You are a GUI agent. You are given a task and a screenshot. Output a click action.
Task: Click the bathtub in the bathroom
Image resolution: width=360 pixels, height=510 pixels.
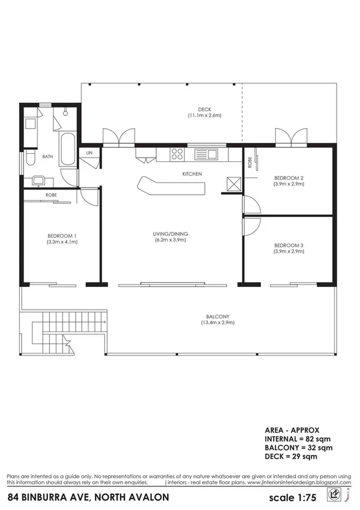pyautogui.click(x=67, y=150)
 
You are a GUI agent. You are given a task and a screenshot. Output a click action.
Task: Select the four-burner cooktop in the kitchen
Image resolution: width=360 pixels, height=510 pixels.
pyautogui.click(x=177, y=153)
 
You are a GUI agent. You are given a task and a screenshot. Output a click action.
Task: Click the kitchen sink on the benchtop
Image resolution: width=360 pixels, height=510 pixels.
pyautogui.click(x=209, y=154)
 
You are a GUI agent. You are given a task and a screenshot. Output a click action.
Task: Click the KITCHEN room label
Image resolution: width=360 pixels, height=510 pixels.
pyautogui.click(x=192, y=174)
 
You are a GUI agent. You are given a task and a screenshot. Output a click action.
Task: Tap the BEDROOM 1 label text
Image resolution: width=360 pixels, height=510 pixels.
pyautogui.click(x=62, y=235)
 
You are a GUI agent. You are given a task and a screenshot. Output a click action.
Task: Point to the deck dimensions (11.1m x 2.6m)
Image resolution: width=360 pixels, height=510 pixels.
pyautogui.click(x=205, y=115)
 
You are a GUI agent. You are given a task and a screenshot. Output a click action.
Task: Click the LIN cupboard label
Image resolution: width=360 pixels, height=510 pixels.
pyautogui.click(x=89, y=153)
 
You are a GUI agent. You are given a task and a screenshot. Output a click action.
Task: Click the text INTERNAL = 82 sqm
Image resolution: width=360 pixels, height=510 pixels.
pyautogui.click(x=299, y=439)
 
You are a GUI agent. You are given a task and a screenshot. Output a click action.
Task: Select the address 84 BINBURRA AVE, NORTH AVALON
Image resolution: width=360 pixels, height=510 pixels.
pyautogui.click(x=88, y=497)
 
